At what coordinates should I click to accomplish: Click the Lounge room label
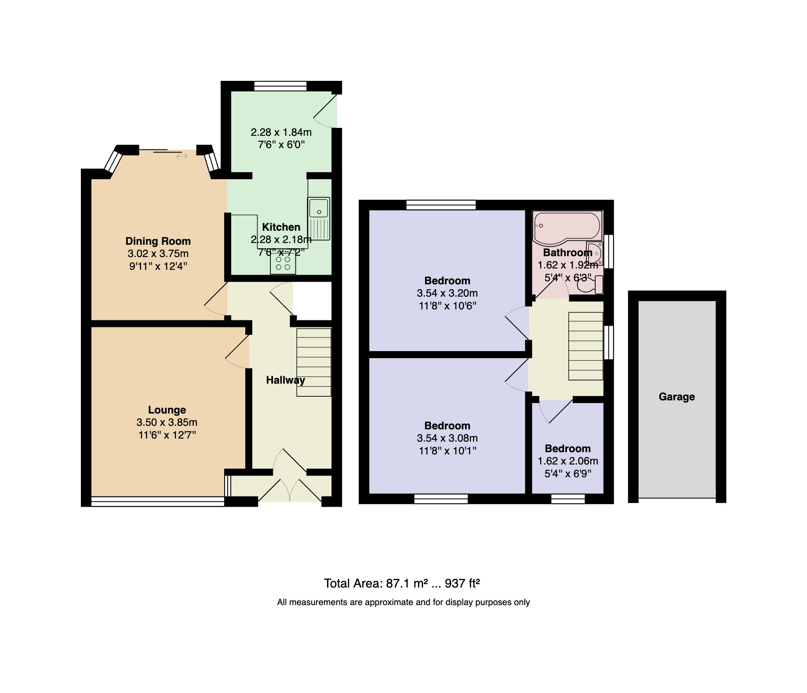pyautogui.click(x=167, y=410)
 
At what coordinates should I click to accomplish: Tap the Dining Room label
pyautogui.click(x=158, y=241)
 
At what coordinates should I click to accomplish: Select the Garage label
pyautogui.click(x=677, y=397)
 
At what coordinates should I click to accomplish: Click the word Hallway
pyautogui.click(x=286, y=380)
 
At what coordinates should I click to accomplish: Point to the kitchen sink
pyautogui.click(x=319, y=219)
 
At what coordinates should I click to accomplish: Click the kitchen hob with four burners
pyautogui.click(x=283, y=263)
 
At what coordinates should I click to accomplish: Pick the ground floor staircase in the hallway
pyautogui.click(x=314, y=363)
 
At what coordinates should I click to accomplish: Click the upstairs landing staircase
pyautogui.click(x=586, y=346)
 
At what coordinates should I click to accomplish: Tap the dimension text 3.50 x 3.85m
pyautogui.click(x=167, y=422)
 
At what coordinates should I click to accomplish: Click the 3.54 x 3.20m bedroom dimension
pyautogui.click(x=447, y=293)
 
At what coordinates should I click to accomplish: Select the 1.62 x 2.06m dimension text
pyautogui.click(x=568, y=461)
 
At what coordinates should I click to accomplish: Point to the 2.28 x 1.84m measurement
pyautogui.click(x=281, y=132)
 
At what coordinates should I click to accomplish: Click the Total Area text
pyautogui.click(x=402, y=583)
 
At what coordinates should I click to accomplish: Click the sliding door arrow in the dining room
pyautogui.click(x=182, y=156)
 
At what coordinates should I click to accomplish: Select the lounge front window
pyautogui.click(x=158, y=501)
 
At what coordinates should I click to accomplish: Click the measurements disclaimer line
pyautogui.click(x=403, y=602)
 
